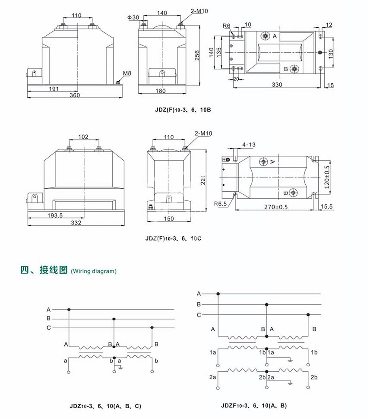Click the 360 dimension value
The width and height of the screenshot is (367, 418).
tap(75, 95)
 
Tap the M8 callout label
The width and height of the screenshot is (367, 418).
tap(127, 74)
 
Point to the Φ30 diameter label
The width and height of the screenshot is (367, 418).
tap(133, 17)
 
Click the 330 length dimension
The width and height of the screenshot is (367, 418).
tap(277, 85)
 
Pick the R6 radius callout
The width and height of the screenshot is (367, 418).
tap(227, 26)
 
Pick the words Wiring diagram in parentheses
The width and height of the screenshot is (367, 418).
tap(94, 272)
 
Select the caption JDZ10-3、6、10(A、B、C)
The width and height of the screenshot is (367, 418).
tap(105, 406)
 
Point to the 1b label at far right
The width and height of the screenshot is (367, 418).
tap(314, 353)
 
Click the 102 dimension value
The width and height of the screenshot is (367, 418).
tap(83, 137)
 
